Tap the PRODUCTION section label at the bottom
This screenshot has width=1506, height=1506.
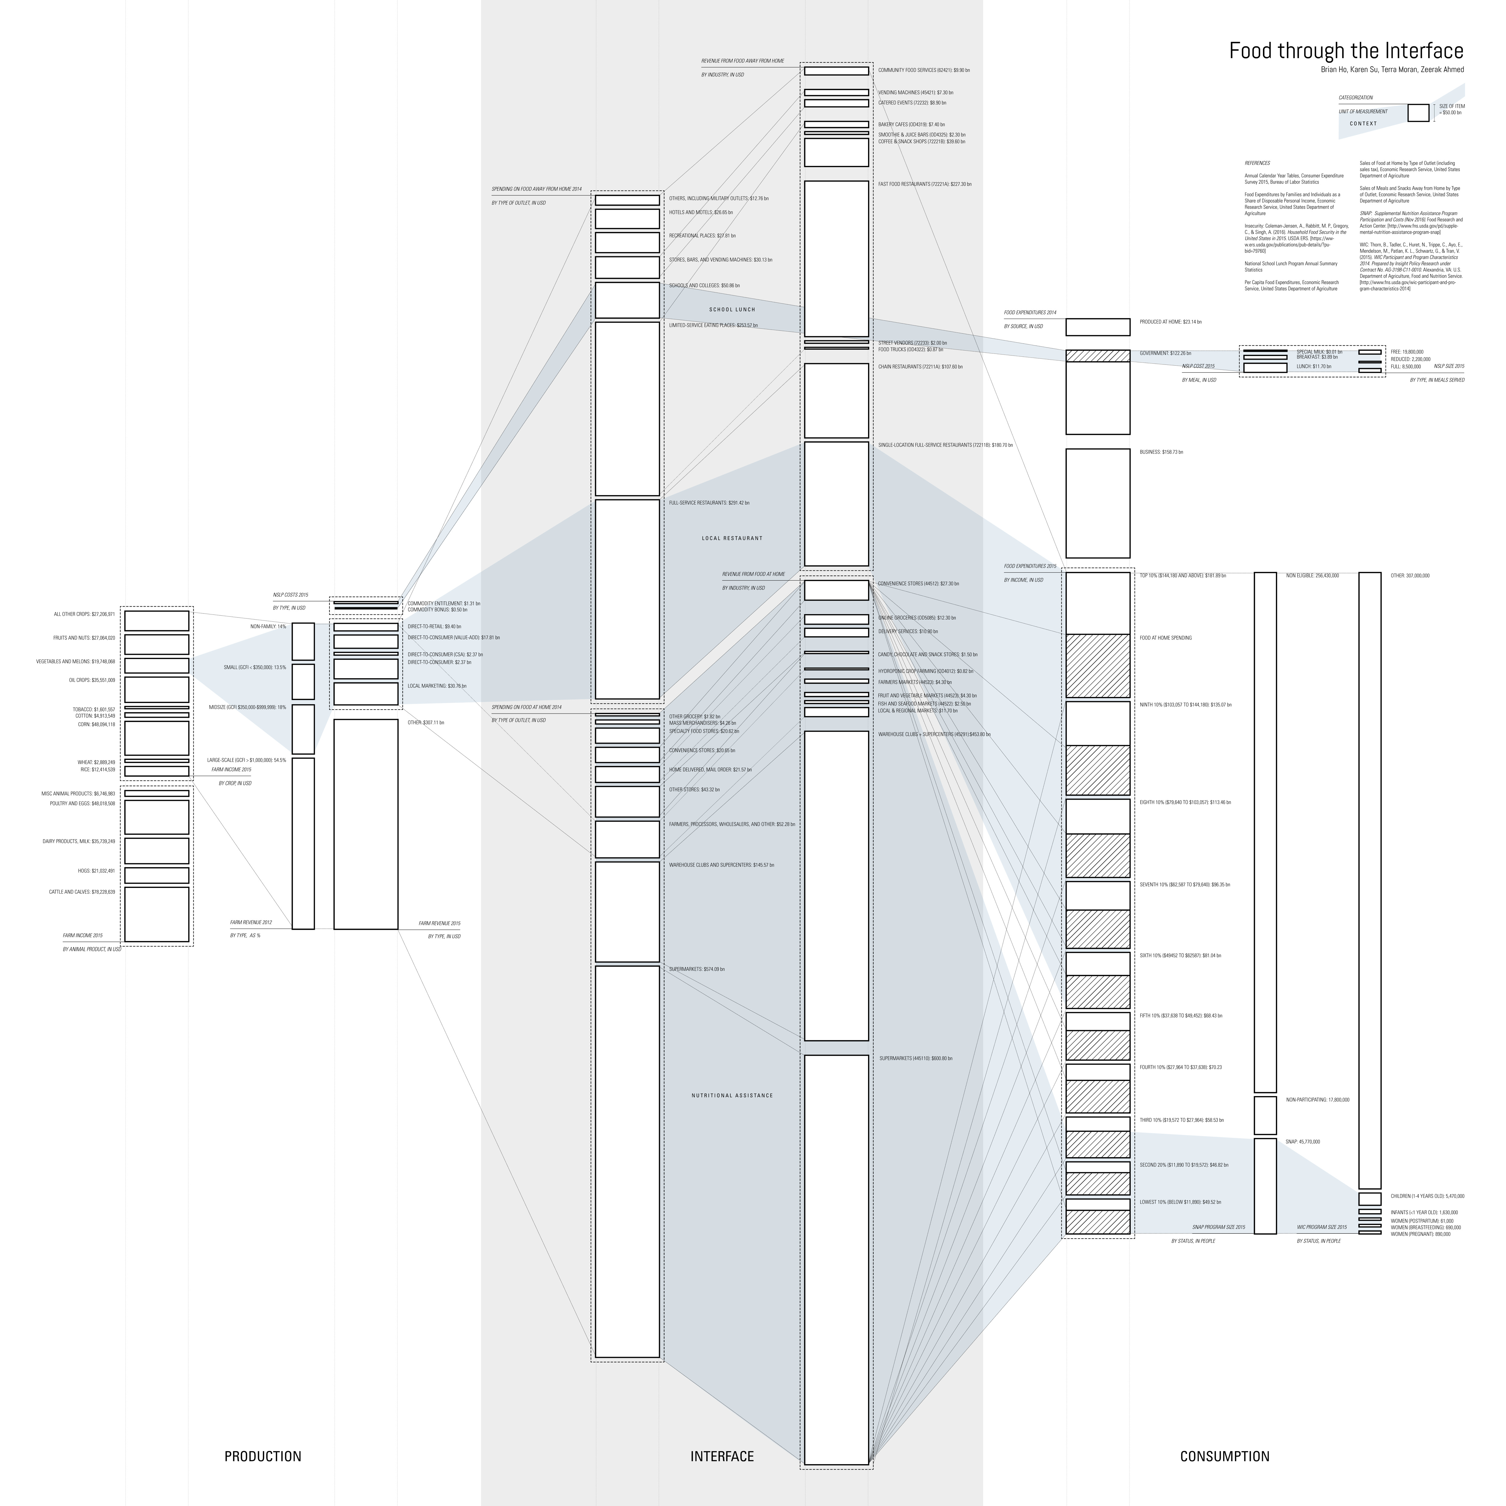point(263,1456)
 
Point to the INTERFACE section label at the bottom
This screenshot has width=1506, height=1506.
point(722,1456)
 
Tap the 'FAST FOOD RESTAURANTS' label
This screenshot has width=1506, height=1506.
point(924,184)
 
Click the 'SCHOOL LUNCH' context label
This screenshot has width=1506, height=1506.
point(732,309)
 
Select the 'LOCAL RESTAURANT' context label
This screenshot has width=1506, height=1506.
point(732,538)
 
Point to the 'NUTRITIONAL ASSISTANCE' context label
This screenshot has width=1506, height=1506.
point(732,1095)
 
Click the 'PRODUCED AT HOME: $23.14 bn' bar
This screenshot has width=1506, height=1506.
point(1098,327)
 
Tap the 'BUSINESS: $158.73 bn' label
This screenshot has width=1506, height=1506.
point(1161,452)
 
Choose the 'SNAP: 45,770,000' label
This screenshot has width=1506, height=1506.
point(1303,1141)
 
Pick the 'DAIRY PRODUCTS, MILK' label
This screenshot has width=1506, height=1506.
point(79,841)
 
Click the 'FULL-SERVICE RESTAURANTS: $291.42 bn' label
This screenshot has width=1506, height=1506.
point(708,503)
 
